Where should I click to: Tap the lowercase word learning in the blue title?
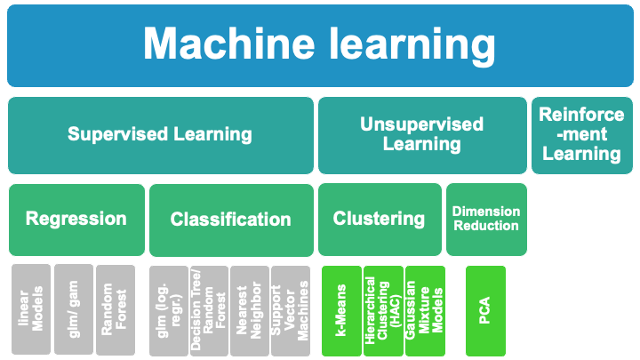pos(401,44)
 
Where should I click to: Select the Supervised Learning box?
pos(160,135)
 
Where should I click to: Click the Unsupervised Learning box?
pos(421,135)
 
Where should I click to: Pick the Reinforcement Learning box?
pos(581,135)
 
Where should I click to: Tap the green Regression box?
pos(76,219)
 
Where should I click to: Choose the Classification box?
pos(231,220)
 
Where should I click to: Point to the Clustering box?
pos(380,219)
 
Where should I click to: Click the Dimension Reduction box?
pos(485,219)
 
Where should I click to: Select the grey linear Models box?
pos(30,310)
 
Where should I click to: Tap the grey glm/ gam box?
pos(72,310)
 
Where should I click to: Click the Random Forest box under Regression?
pos(115,310)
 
